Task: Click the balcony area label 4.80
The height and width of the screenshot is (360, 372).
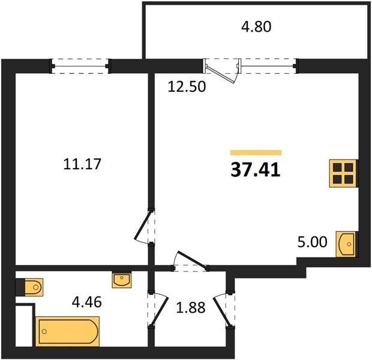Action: tap(256, 26)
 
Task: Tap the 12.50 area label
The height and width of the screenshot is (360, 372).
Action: tap(187, 86)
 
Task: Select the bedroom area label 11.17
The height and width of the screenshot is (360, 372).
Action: tap(82, 164)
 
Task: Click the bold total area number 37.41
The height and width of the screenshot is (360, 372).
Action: tap(256, 170)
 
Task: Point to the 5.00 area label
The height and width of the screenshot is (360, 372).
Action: tap(312, 242)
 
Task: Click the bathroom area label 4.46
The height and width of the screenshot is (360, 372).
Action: tap(87, 302)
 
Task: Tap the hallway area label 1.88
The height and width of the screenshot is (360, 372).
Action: tap(191, 308)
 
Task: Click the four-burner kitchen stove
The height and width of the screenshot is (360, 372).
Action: tap(343, 173)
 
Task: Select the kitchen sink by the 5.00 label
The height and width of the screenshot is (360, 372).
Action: tap(346, 244)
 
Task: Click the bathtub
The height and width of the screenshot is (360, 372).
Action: tap(67, 331)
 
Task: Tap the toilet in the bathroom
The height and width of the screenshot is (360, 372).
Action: tap(29, 287)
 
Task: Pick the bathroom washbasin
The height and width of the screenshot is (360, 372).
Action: tap(122, 280)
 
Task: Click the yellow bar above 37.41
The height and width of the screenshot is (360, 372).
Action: tap(256, 152)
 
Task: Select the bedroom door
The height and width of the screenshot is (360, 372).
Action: tap(142, 226)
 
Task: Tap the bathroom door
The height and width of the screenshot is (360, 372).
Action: tap(159, 309)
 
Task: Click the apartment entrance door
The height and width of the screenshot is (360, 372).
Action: tap(223, 310)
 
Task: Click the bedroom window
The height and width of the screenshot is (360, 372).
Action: tap(80, 66)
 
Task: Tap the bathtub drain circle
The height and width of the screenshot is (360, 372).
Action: tap(44, 332)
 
